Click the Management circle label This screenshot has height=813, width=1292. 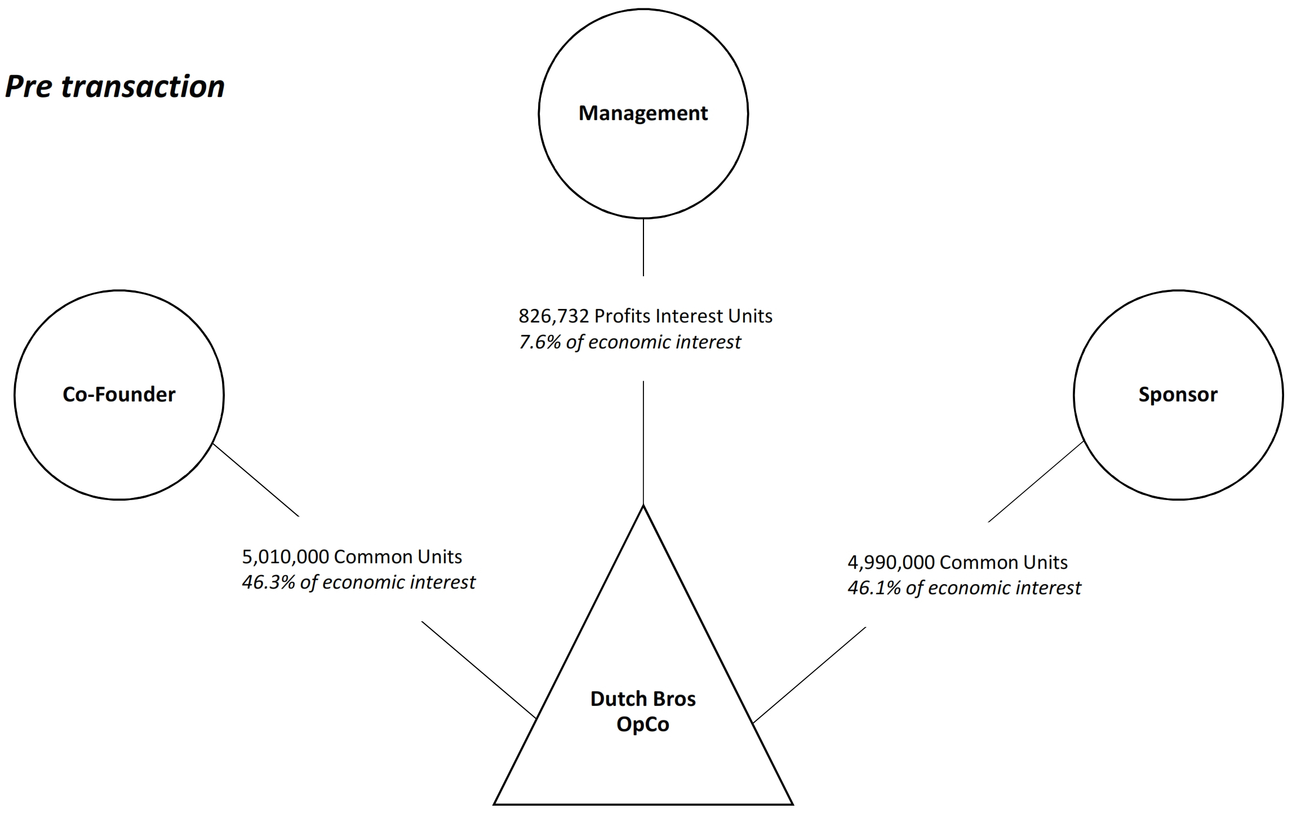coord(643,113)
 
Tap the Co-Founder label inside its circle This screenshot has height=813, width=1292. coord(119,395)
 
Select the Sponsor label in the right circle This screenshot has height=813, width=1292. coord(1178,395)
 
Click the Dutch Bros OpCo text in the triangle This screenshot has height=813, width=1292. coord(643,712)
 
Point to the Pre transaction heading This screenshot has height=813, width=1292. coord(115,87)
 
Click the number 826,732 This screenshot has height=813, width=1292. coord(553,316)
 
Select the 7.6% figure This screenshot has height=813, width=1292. coord(539,342)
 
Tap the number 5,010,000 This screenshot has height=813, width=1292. coord(285,557)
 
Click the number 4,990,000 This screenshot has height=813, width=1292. coord(891,563)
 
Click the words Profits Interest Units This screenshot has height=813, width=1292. coord(683,316)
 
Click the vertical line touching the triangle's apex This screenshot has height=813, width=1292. coord(643,443)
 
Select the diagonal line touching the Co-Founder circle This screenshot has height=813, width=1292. coord(256,480)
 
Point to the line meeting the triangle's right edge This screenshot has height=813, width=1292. coord(809,675)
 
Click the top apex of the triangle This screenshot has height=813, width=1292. coord(643,506)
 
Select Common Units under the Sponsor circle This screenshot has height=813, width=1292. coord(1004,563)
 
